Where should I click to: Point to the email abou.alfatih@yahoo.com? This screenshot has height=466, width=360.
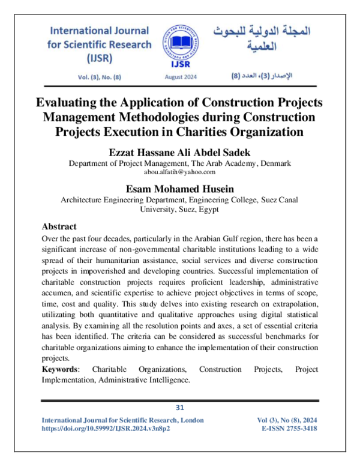179,171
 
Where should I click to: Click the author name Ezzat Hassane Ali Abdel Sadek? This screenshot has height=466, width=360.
179,151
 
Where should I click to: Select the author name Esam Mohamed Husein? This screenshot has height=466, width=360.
179,188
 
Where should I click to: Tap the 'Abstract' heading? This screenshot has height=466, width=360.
59,227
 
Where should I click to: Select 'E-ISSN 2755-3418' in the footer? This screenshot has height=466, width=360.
290,429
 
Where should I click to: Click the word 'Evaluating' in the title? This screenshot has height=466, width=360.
70,102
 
